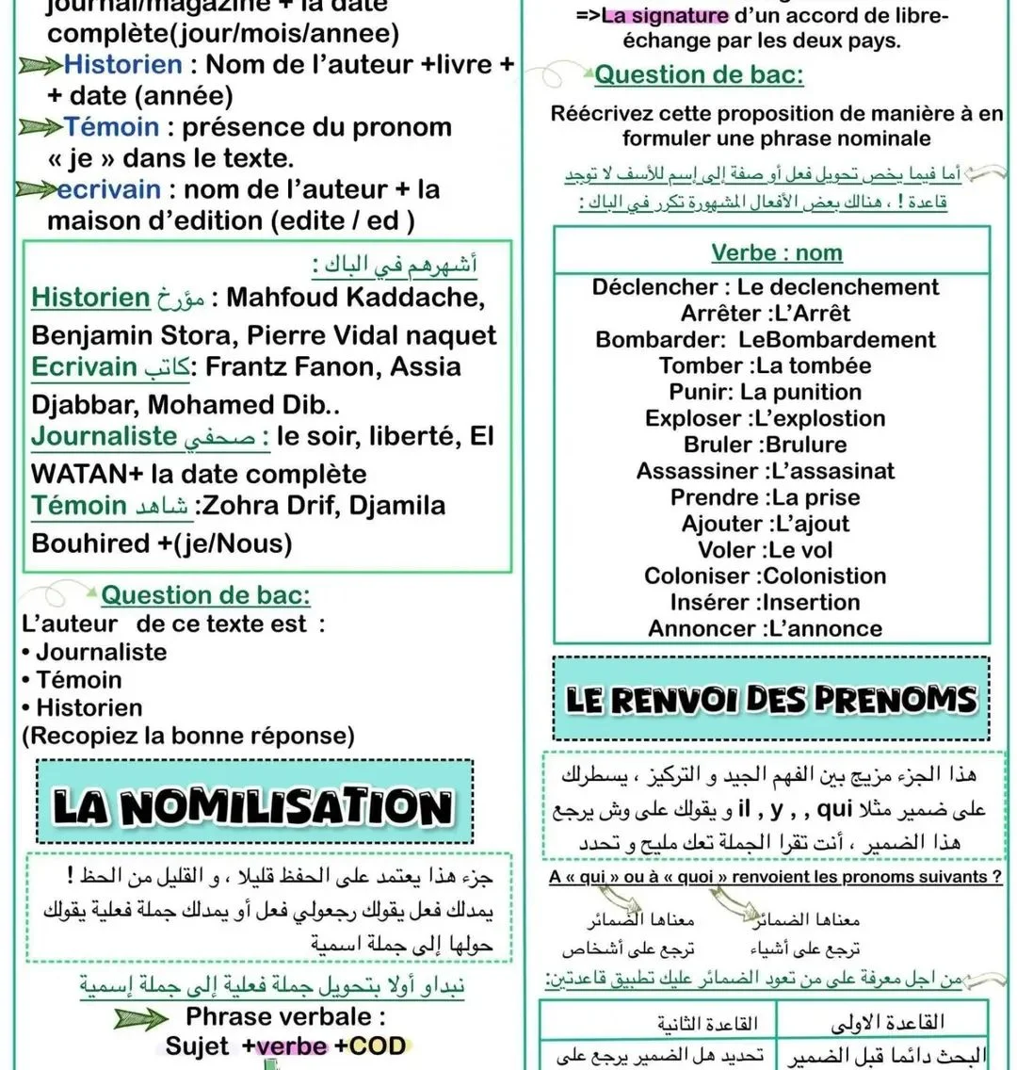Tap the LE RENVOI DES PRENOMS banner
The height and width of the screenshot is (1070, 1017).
[x=771, y=699]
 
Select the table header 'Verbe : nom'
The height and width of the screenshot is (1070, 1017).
[x=776, y=252]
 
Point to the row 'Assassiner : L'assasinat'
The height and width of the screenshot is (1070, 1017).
[x=765, y=471]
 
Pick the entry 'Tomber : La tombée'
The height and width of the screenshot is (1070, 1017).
[x=765, y=365]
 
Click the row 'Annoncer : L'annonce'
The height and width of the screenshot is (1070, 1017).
[x=765, y=629]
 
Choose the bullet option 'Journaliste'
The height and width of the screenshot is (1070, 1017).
[x=101, y=652]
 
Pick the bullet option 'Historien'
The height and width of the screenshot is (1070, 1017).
[x=89, y=707]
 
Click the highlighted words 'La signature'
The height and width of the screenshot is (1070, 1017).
[x=665, y=16]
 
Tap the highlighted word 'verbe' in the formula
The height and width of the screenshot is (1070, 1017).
[x=290, y=1046]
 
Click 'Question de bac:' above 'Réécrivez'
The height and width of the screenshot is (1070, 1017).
[x=699, y=74]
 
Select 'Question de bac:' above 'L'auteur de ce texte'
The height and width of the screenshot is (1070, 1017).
[x=205, y=595]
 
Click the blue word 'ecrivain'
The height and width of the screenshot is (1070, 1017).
[x=108, y=189]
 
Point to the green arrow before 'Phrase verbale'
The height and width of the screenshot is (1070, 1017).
[x=141, y=1018]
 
